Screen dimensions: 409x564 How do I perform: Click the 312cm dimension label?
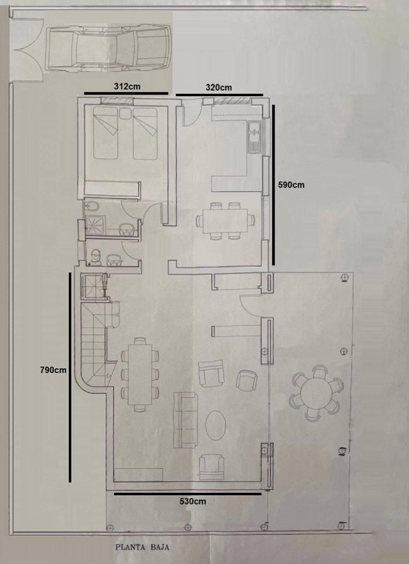tap(127, 86)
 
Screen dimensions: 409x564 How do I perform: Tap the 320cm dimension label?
tap(219, 87)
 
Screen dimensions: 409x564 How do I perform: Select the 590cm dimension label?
tap(291, 185)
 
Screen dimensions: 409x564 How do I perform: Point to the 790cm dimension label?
tap(53, 370)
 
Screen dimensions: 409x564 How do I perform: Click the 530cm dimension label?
tap(193, 501)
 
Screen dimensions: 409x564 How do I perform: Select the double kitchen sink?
tap(254, 137)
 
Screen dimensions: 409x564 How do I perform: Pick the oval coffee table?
tap(216, 425)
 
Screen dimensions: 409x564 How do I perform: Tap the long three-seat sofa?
tap(186, 420)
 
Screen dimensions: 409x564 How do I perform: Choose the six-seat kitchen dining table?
tap(225, 221)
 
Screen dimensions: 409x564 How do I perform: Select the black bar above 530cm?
tap(187, 494)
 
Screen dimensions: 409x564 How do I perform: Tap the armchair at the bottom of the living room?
tap(211, 467)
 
